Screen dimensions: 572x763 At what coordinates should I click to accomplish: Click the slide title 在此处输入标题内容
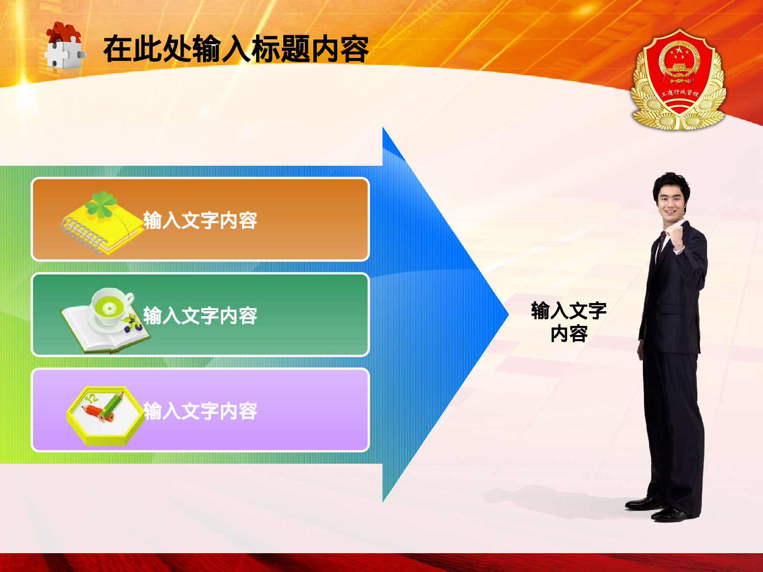pyautogui.click(x=236, y=49)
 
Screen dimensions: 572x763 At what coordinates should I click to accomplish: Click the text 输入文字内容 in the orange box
pyautogui.click(x=200, y=221)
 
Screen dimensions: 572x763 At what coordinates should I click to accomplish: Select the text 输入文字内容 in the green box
pyautogui.click(x=200, y=316)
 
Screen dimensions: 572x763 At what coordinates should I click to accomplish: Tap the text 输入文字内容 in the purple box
pyautogui.click(x=200, y=411)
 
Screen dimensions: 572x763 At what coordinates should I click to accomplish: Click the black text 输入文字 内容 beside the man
pyautogui.click(x=569, y=322)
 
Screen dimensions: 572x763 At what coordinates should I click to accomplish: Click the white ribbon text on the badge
pyautogui.click(x=680, y=93)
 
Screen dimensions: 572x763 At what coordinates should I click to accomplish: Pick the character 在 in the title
pyautogui.click(x=118, y=49)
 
